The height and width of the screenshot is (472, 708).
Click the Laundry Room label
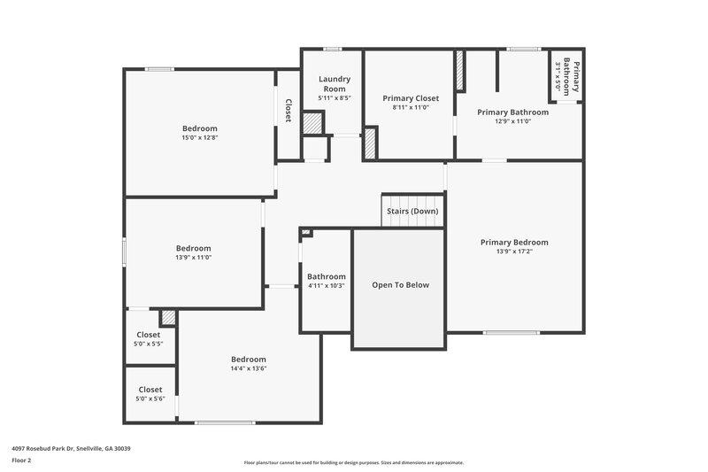(x=335, y=84)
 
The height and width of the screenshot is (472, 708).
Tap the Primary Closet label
(x=410, y=97)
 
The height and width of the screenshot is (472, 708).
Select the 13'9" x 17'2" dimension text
(x=513, y=251)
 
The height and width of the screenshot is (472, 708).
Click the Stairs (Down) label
(x=412, y=211)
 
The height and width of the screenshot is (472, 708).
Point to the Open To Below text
(x=400, y=285)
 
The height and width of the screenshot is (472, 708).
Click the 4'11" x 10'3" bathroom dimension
(x=326, y=286)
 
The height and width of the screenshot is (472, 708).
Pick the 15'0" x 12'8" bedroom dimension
(x=199, y=138)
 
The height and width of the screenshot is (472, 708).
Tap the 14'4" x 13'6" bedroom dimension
(x=248, y=369)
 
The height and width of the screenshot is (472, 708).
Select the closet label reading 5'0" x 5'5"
(x=149, y=344)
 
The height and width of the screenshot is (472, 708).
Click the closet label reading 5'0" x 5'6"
(x=150, y=398)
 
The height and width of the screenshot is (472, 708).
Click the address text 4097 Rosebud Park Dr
(x=71, y=448)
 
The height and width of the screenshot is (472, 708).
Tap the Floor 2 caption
(x=22, y=460)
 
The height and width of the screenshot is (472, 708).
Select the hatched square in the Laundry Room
(x=313, y=123)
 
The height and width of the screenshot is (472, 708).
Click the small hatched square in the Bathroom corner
(x=306, y=233)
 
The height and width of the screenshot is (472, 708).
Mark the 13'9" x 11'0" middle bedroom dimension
(x=193, y=258)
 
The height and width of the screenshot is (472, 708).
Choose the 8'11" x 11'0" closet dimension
(x=410, y=107)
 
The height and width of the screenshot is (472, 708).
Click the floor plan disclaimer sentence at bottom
(x=353, y=462)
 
